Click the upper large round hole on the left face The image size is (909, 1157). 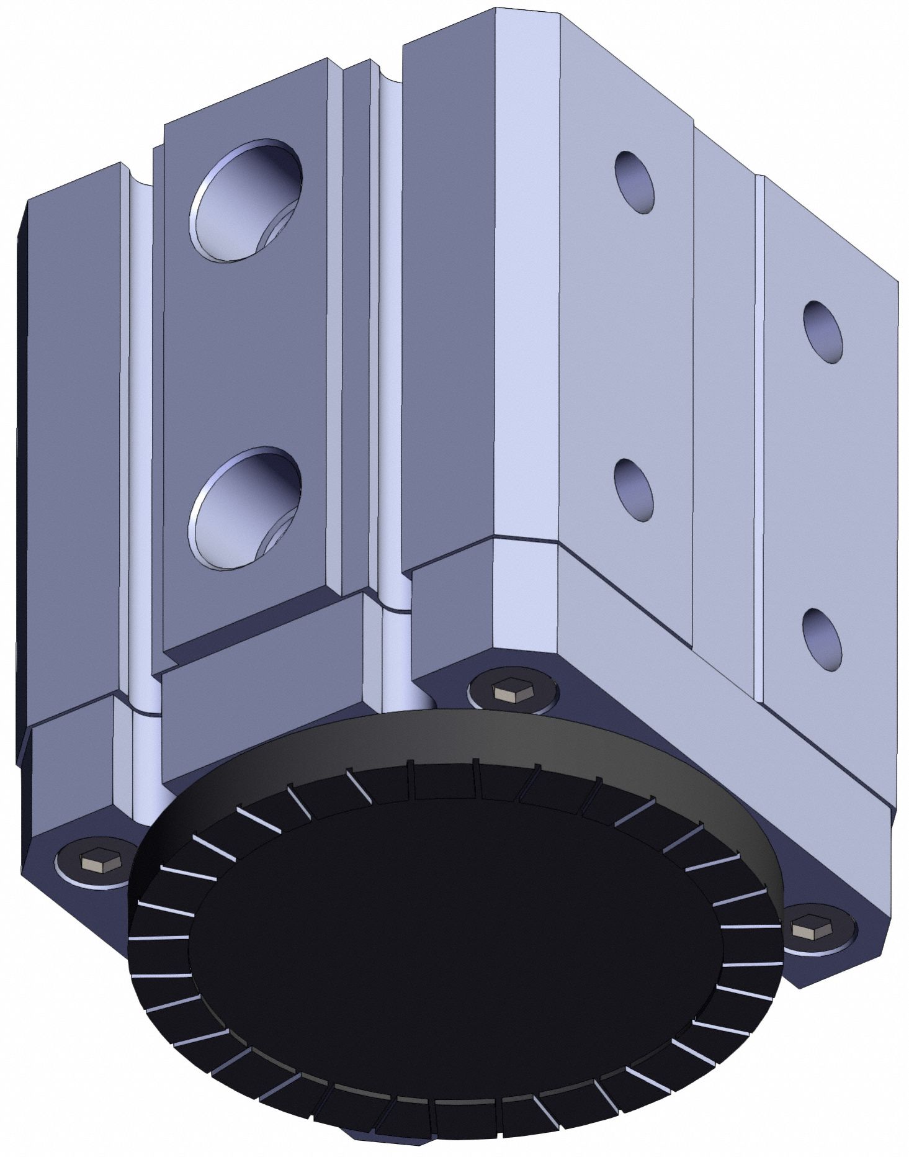click(247, 200)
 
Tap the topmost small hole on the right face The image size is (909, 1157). click(635, 182)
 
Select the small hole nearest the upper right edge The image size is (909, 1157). click(823, 332)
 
